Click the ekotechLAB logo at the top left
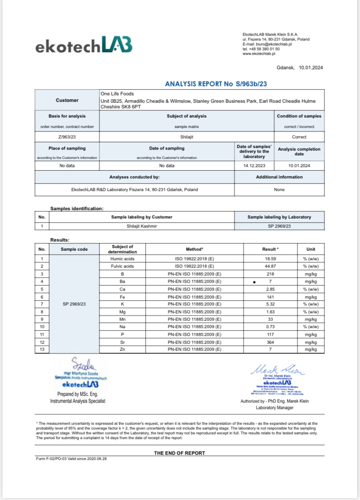(84, 45)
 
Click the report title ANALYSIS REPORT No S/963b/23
(216, 84)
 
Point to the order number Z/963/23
(67, 137)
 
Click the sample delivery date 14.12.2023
(254, 165)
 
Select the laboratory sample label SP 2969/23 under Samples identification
(279, 226)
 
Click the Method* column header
(194, 249)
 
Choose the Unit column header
(310, 249)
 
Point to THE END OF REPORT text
(179, 453)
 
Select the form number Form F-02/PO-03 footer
(71, 459)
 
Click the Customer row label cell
(67, 100)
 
